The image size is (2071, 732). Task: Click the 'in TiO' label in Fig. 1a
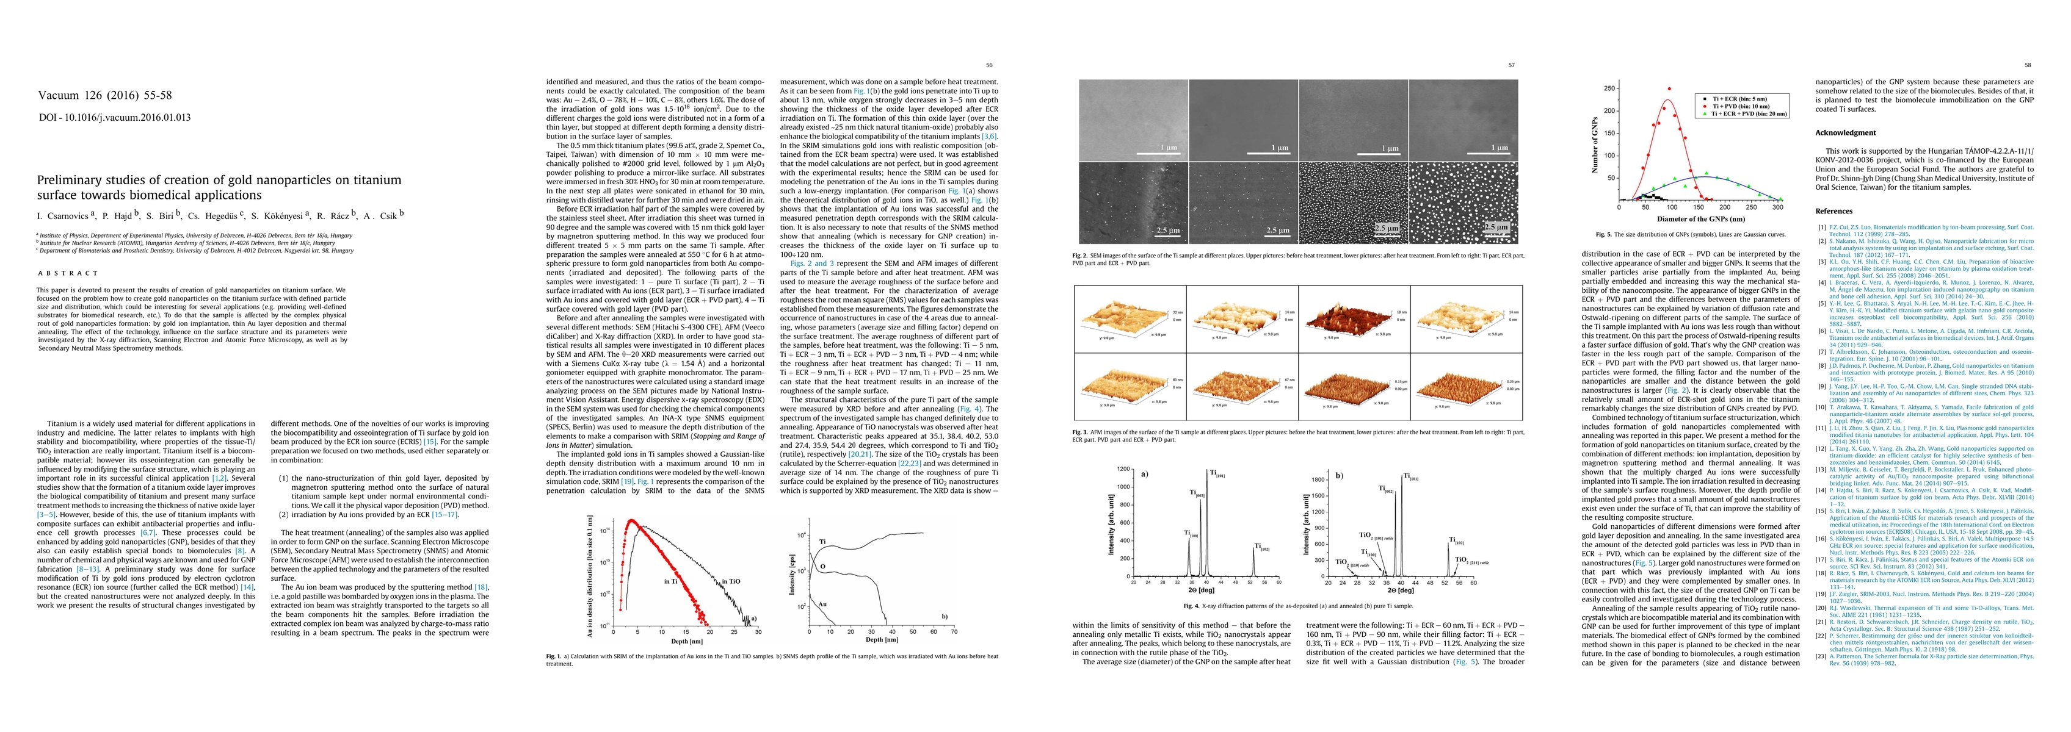[731, 581]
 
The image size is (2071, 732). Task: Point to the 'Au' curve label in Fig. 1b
[823, 602]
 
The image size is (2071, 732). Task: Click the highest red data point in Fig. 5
[1685, 89]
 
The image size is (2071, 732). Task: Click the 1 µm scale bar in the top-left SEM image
[1167, 149]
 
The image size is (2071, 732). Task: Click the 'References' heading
[1833, 211]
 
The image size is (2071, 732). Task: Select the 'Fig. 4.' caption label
[1193, 606]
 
